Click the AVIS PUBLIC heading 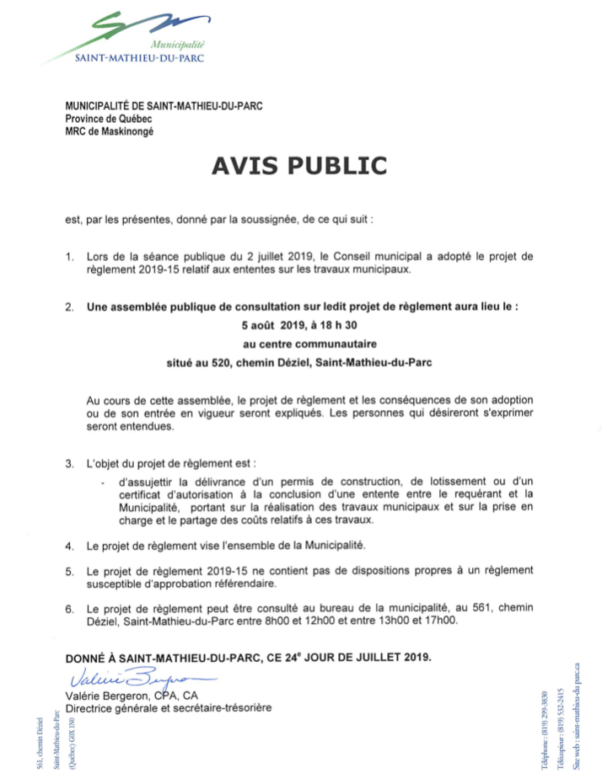[x=299, y=166]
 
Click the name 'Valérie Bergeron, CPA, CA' [x=131, y=695]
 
